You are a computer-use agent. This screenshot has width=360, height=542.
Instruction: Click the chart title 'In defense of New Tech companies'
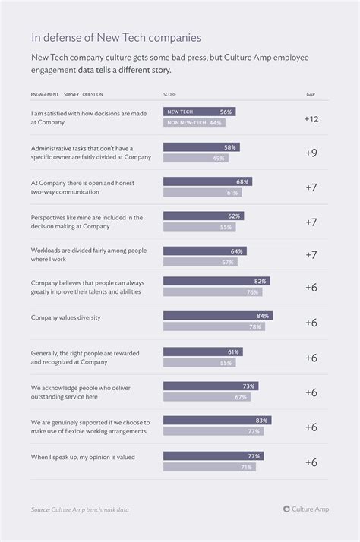click(x=116, y=36)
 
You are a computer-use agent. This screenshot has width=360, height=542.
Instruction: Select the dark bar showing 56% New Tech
click(x=199, y=112)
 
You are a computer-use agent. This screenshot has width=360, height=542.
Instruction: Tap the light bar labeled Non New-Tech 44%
click(x=194, y=122)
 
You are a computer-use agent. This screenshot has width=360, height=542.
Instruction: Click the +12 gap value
click(x=311, y=119)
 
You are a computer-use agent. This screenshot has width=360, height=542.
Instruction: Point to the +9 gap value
click(x=311, y=153)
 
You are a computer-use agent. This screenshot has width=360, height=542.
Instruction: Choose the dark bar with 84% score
click(x=218, y=316)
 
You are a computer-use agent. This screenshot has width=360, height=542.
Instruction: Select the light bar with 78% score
click(x=214, y=326)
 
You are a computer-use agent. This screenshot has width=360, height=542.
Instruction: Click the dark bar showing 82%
click(x=216, y=281)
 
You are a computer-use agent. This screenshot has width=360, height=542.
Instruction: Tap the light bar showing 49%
click(x=196, y=158)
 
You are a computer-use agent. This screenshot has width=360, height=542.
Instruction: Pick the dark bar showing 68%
click(x=207, y=182)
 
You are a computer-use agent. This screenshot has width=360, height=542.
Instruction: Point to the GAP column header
click(x=311, y=95)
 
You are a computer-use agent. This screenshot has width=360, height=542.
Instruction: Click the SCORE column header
click(x=170, y=95)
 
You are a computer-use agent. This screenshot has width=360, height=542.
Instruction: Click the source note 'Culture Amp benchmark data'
click(x=79, y=509)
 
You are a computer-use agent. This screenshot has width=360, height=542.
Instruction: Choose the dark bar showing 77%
click(x=213, y=456)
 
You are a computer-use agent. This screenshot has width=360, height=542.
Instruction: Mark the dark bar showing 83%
click(x=217, y=420)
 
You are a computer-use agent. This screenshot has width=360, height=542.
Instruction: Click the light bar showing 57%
click(x=201, y=262)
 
